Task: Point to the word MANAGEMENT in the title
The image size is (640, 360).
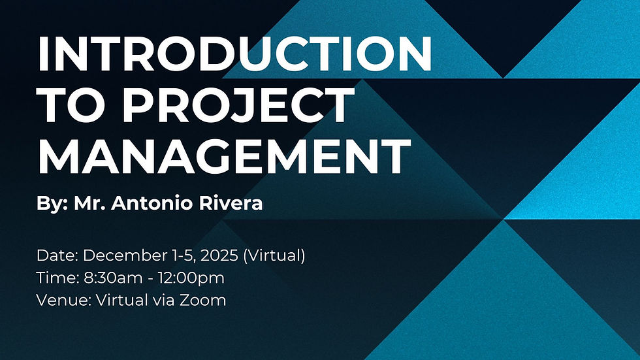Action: [224, 155]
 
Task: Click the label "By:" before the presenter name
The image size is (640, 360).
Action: [51, 203]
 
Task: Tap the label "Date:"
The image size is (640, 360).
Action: [57, 255]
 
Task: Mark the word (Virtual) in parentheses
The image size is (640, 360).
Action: [274, 255]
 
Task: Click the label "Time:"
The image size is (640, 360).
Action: [57, 278]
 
